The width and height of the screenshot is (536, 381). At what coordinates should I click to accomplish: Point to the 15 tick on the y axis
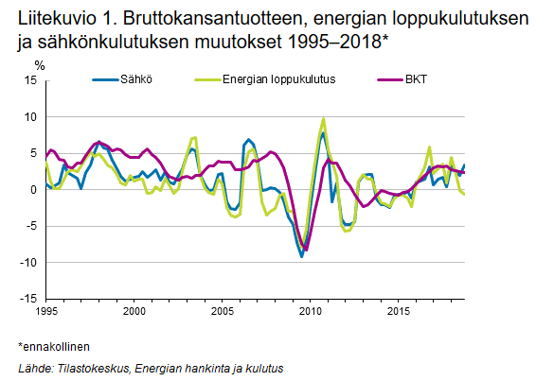click(30, 81)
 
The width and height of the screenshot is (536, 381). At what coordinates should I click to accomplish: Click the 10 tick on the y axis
click(30, 117)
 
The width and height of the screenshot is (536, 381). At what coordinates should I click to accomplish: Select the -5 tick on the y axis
click(31, 226)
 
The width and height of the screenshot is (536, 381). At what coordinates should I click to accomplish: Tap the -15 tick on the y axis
click(28, 299)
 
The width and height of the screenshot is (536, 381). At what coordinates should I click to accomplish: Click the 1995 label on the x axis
click(45, 310)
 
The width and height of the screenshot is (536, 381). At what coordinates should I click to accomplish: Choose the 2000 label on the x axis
click(134, 310)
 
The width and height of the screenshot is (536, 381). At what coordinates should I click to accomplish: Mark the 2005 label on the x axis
click(222, 310)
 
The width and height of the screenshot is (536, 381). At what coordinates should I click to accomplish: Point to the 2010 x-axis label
click(310, 310)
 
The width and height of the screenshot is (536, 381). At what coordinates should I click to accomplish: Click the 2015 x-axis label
click(398, 310)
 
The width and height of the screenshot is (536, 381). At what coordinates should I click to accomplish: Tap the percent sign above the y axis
click(39, 65)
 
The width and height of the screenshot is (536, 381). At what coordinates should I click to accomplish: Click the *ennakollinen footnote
click(54, 347)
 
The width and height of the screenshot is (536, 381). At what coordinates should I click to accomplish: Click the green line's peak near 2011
click(324, 119)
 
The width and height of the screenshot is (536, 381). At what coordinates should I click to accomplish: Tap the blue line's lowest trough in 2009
click(301, 255)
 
